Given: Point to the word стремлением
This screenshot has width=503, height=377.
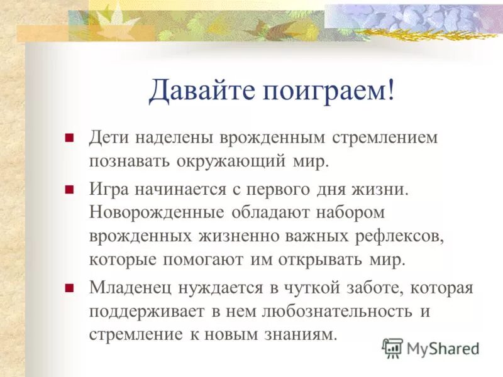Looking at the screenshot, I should pos(384,138).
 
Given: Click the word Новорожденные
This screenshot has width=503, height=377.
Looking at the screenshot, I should pos(157,212).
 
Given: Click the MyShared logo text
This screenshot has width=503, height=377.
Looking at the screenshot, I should pos(443,347).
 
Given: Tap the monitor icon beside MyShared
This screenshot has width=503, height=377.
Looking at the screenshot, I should pos(393,347).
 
